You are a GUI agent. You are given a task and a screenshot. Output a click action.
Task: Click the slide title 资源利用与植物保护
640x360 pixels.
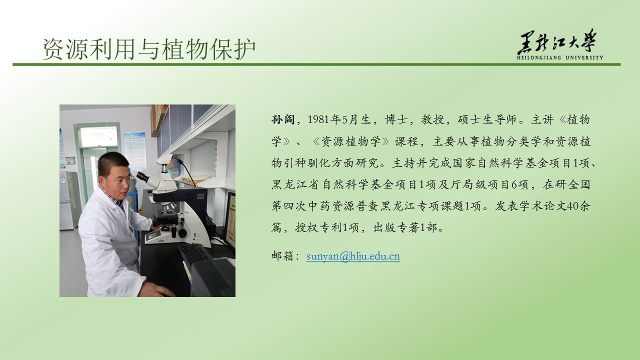coord(149,49)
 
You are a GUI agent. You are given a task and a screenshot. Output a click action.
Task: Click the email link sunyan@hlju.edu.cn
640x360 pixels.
coord(353,256)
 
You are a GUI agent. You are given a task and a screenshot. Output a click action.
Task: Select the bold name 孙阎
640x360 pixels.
coord(283,119)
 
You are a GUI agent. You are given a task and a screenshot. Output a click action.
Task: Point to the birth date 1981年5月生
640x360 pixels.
coord(339,119)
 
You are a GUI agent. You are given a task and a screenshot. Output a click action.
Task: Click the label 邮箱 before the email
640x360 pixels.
coord(283,256)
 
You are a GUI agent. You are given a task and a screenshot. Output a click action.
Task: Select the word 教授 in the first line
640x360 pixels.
coord(432,119)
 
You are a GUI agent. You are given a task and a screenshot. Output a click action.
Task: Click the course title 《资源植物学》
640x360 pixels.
coord(351,141)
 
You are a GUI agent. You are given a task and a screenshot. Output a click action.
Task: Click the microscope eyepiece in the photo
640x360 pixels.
coord(143,177)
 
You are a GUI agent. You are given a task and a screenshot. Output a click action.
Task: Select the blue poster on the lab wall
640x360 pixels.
coord(135,150)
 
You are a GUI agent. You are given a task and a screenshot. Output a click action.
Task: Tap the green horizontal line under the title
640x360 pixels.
coord(316,64)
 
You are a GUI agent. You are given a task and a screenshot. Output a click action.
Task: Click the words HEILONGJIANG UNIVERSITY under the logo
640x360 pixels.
coord(560,57)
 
